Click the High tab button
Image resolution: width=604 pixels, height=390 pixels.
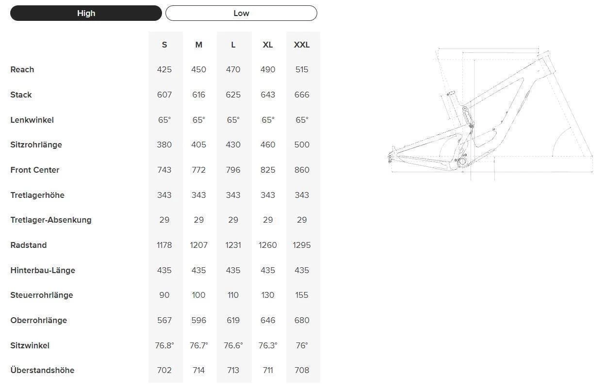point(86,13)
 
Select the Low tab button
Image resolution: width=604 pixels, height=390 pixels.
point(241,13)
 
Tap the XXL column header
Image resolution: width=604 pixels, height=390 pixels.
point(302,45)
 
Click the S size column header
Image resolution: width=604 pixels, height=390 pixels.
point(164,45)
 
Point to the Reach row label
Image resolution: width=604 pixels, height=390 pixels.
point(22,69)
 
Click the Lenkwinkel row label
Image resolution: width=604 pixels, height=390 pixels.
point(32,120)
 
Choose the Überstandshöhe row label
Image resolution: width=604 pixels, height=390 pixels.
point(42,370)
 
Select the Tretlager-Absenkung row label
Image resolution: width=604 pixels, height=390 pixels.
point(51,220)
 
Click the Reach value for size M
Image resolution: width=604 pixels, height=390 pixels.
point(199,69)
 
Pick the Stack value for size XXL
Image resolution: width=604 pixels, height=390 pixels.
point(302,95)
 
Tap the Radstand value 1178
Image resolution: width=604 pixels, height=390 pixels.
point(164,245)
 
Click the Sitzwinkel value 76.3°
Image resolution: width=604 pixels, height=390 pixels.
point(268,345)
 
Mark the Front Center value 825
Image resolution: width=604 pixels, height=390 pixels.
point(268,170)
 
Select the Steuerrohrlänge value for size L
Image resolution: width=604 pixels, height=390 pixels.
point(233,295)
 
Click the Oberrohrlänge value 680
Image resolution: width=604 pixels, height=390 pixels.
point(302,320)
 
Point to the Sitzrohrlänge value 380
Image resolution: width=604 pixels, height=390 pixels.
point(164,145)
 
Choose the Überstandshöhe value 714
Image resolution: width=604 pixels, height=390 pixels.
point(199,370)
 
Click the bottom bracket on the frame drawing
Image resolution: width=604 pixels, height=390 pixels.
point(462,161)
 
